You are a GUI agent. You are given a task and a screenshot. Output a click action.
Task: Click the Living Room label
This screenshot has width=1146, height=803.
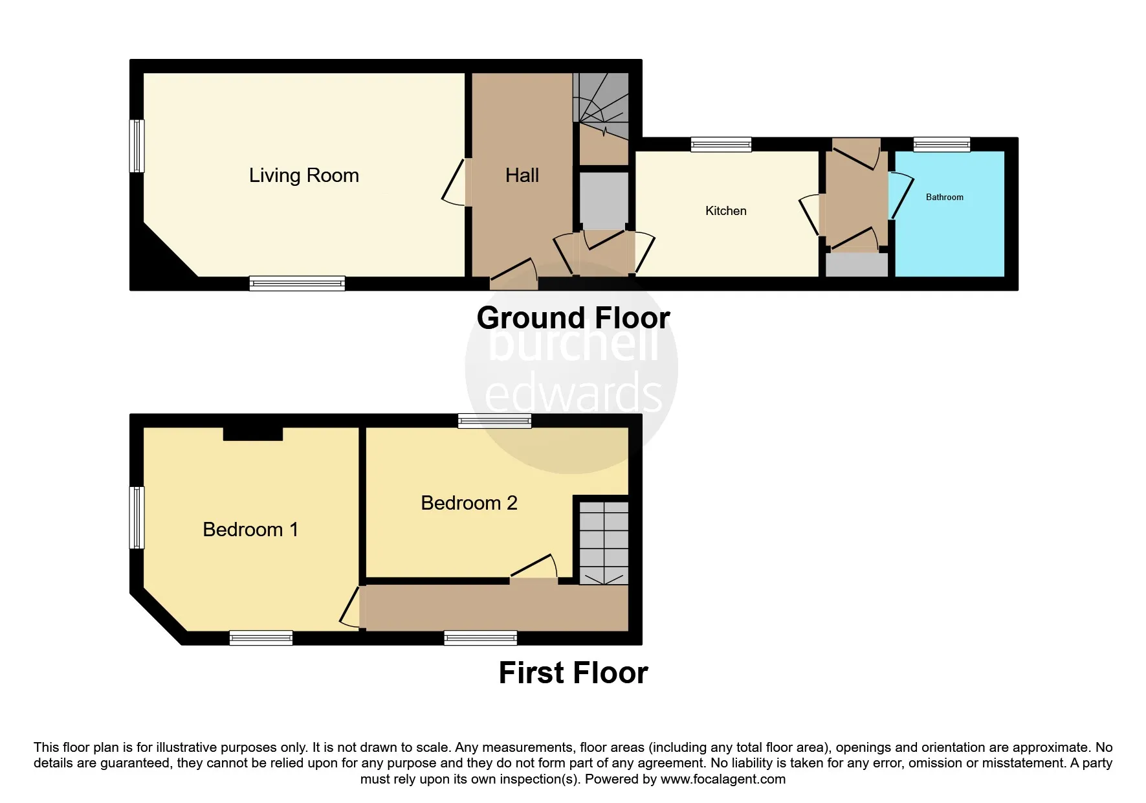303,175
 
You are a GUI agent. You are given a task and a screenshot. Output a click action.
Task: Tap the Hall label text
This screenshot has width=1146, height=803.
522,175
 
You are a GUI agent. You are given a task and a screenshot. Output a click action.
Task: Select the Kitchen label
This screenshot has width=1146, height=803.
726,210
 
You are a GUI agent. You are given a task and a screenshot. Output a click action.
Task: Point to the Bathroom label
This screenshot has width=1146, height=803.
945,197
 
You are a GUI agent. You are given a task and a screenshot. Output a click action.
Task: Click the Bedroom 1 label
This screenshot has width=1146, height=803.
250,530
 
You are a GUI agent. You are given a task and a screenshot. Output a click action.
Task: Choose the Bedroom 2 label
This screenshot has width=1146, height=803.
469,503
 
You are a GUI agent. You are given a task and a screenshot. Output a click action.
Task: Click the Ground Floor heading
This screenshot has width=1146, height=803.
573,318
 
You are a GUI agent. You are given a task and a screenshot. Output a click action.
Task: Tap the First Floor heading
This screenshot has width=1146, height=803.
573,673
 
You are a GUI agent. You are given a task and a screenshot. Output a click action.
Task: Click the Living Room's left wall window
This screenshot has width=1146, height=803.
137,146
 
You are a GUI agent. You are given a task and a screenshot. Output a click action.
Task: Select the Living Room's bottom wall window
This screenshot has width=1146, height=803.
298,283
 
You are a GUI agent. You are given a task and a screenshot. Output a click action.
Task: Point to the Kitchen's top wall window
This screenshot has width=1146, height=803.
721,144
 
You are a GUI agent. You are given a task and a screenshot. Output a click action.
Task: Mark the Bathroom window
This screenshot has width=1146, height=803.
942,144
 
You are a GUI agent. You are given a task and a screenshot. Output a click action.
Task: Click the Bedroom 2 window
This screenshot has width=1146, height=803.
495,421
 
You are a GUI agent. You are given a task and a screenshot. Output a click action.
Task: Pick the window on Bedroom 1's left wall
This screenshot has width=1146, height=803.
137,517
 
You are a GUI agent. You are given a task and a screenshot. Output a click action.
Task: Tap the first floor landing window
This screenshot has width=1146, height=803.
481,638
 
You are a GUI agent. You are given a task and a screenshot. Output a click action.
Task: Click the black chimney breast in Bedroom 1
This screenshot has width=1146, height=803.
253,433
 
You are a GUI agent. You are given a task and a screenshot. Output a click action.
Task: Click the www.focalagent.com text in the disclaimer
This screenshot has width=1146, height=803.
723,779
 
